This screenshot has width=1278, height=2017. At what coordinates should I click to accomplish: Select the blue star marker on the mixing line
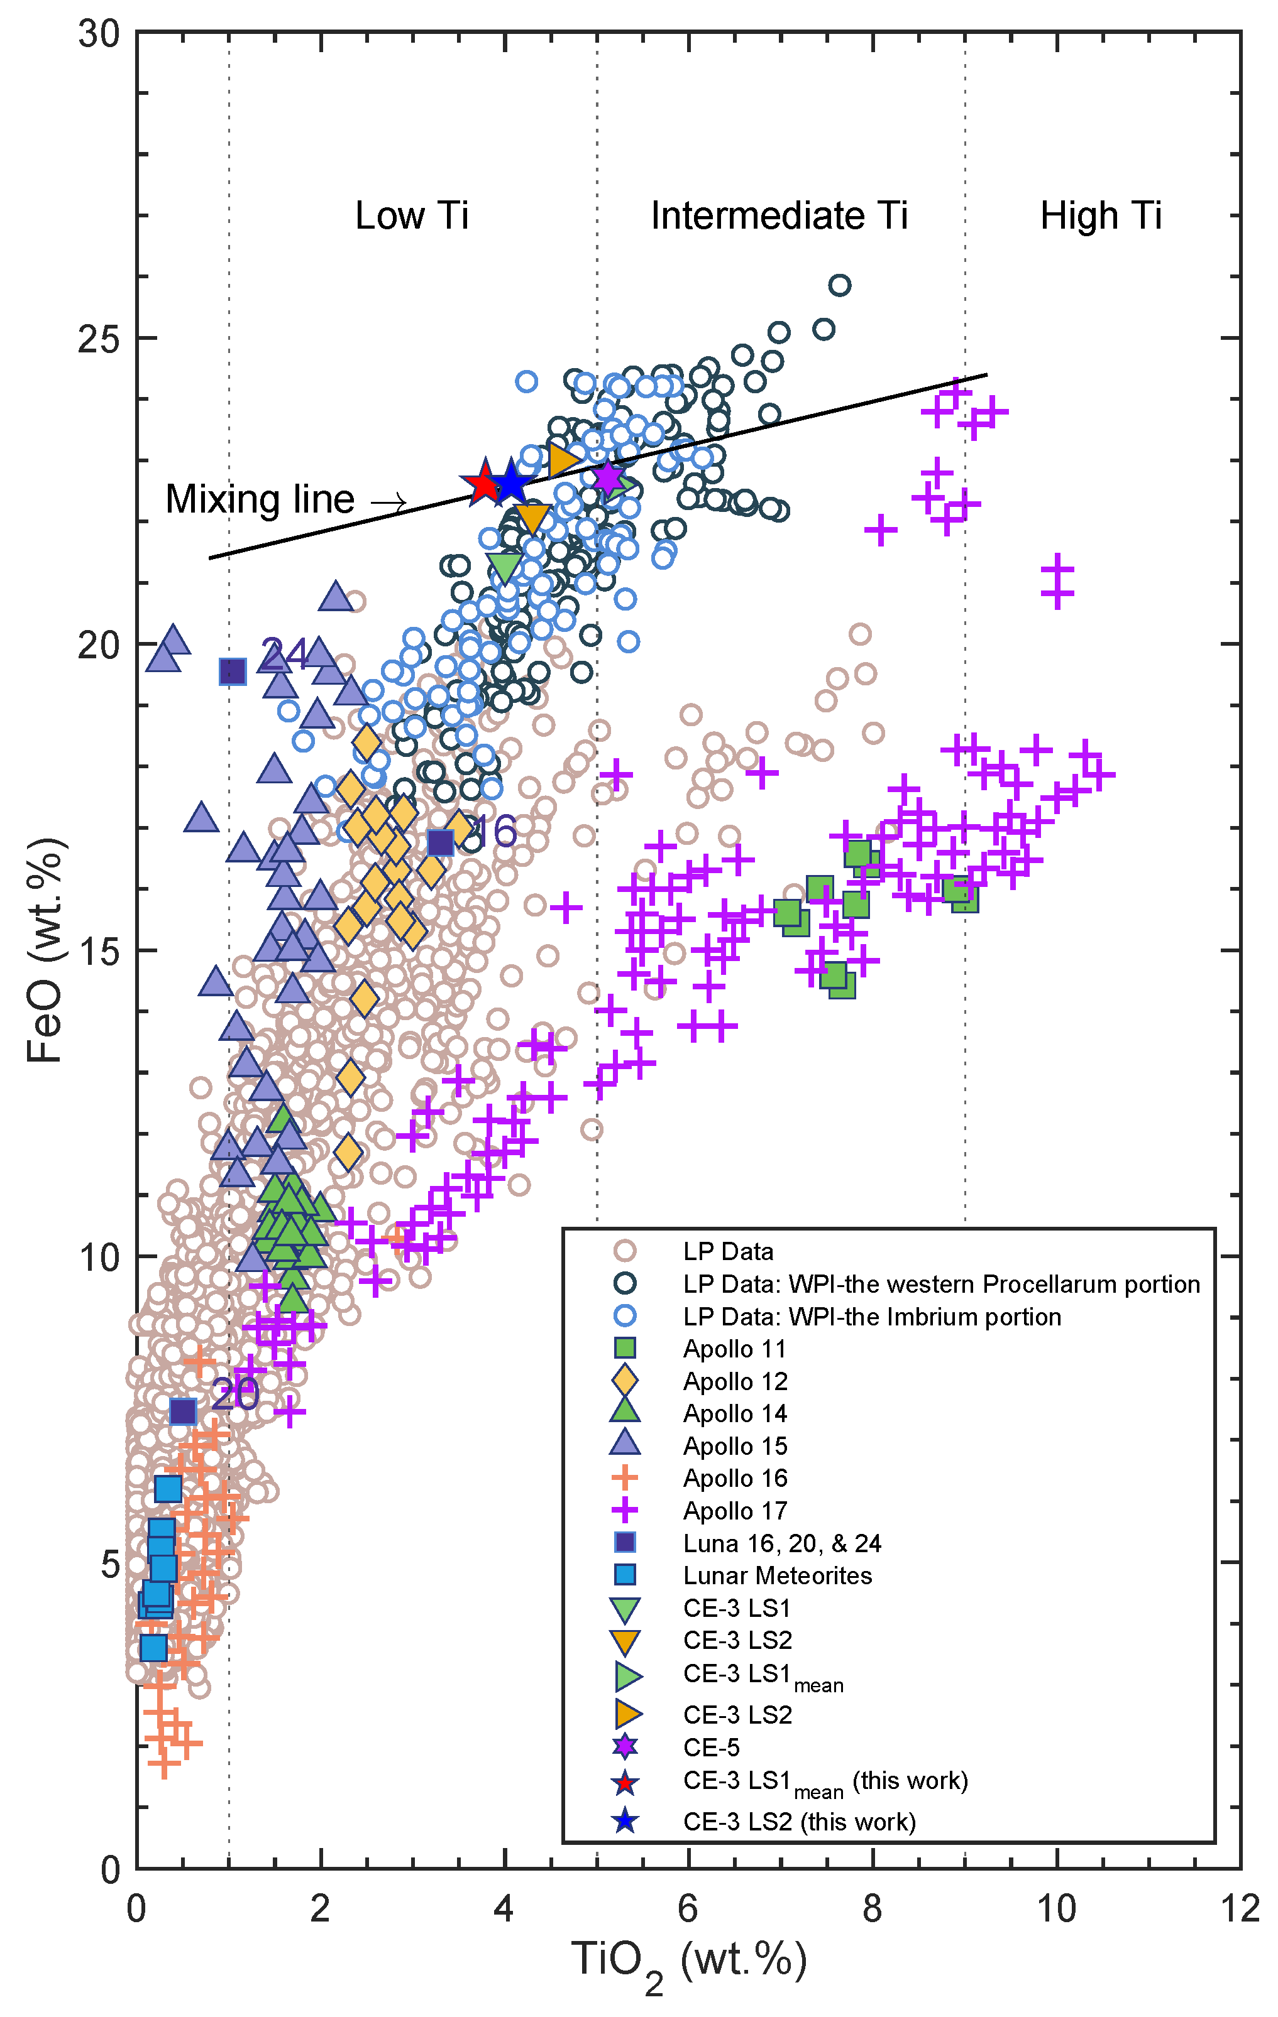click(510, 483)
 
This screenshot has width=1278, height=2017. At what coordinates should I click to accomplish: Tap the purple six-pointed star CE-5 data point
click(609, 478)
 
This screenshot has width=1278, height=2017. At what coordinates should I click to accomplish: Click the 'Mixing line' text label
click(260, 500)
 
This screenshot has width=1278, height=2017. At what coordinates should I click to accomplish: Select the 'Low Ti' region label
click(412, 216)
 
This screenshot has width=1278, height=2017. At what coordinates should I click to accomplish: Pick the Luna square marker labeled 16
click(440, 842)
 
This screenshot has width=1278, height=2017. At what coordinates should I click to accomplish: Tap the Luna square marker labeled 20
click(183, 1411)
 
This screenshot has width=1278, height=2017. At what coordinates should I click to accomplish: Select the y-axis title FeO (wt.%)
click(45, 950)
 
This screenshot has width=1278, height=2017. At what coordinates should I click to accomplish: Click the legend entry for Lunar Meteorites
click(777, 1575)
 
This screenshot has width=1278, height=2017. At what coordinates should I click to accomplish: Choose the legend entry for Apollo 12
click(735, 1381)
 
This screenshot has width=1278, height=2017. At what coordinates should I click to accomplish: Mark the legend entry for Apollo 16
click(735, 1479)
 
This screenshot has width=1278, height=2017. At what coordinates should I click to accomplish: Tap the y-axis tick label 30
click(99, 33)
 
